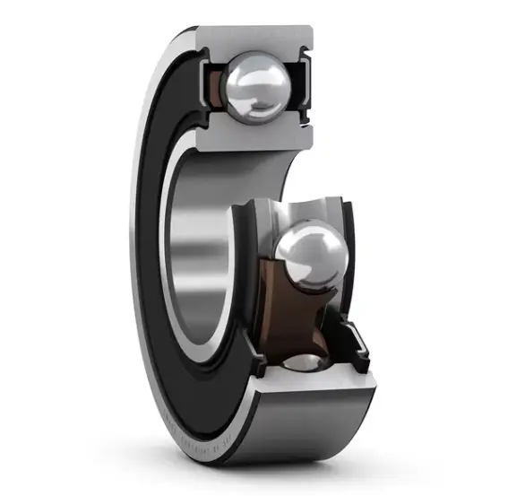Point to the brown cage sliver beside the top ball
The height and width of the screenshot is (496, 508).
click(x=216, y=88)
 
